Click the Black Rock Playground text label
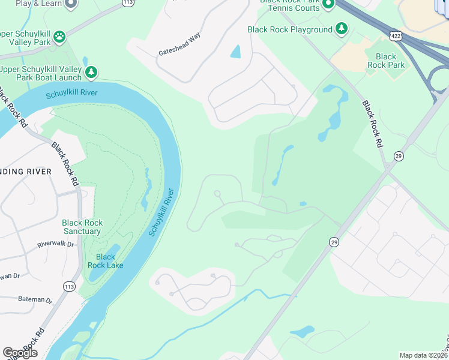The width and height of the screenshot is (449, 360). coord(290,29)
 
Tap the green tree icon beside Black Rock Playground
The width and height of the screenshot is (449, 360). coord(342,28)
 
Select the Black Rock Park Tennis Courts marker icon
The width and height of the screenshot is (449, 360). coord(328,5)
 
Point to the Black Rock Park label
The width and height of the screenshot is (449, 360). coord(386,61)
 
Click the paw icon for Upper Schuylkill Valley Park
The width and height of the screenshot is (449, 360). coord(59,38)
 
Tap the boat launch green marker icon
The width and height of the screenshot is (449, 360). coord(91,73)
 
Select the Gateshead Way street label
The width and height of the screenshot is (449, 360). coord(179,45)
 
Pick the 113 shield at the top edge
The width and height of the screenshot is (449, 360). coord(127,2)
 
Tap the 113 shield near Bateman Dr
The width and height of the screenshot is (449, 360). coord(68,287)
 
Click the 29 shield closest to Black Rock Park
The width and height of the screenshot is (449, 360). coord(399,156)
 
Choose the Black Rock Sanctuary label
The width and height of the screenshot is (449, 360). coord(82,227)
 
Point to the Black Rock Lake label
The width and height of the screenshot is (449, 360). coord(106,261)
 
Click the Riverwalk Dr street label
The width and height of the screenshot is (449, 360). coord(55,244)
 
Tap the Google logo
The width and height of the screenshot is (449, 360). coord(20,353)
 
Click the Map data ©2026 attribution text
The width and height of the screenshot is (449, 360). coord(423,355)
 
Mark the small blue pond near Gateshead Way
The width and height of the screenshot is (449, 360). coord(235,52)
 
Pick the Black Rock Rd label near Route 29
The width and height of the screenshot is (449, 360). coord(372,124)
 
